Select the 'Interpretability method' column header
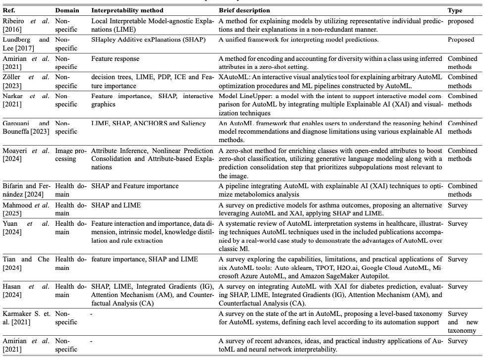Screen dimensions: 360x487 127,10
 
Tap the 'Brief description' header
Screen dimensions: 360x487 244,10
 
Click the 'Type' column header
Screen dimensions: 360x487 455,10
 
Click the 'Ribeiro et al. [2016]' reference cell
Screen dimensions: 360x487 26,25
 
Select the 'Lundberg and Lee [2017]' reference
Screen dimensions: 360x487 26,44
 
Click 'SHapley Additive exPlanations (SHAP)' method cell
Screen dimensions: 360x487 148,40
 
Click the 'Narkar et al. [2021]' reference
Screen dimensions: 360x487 26,100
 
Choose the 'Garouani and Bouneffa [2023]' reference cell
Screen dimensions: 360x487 26,127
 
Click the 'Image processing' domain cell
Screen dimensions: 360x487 70,155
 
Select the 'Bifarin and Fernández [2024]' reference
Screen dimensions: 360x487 26,190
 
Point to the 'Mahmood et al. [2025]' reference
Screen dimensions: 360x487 26,209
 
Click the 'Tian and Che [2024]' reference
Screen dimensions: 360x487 26,263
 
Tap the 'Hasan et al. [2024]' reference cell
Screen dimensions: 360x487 26,291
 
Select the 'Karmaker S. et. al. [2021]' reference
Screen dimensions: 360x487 26,318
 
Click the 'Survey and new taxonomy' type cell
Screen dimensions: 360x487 462,322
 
